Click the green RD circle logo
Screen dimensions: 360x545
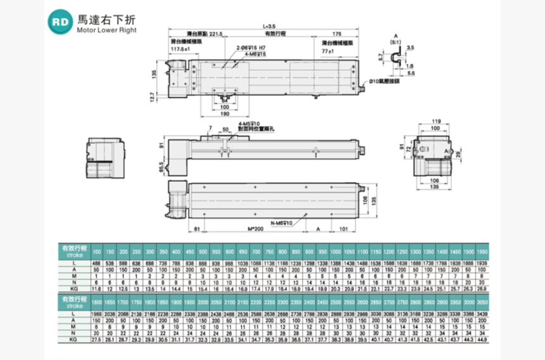coord(61,21)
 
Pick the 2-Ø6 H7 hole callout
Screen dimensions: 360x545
coord(248,48)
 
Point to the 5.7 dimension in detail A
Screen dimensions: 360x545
coord(381,57)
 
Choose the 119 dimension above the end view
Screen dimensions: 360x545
coord(435,121)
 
